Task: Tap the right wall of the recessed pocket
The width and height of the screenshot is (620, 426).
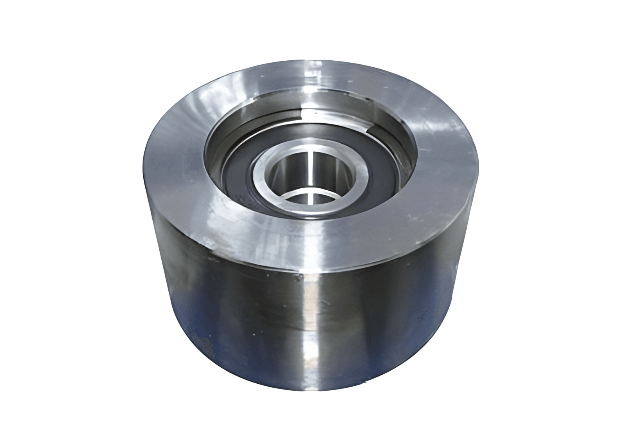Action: pyautogui.click(x=407, y=157)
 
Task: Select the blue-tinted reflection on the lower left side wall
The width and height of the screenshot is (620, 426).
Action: pyautogui.click(x=188, y=325)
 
